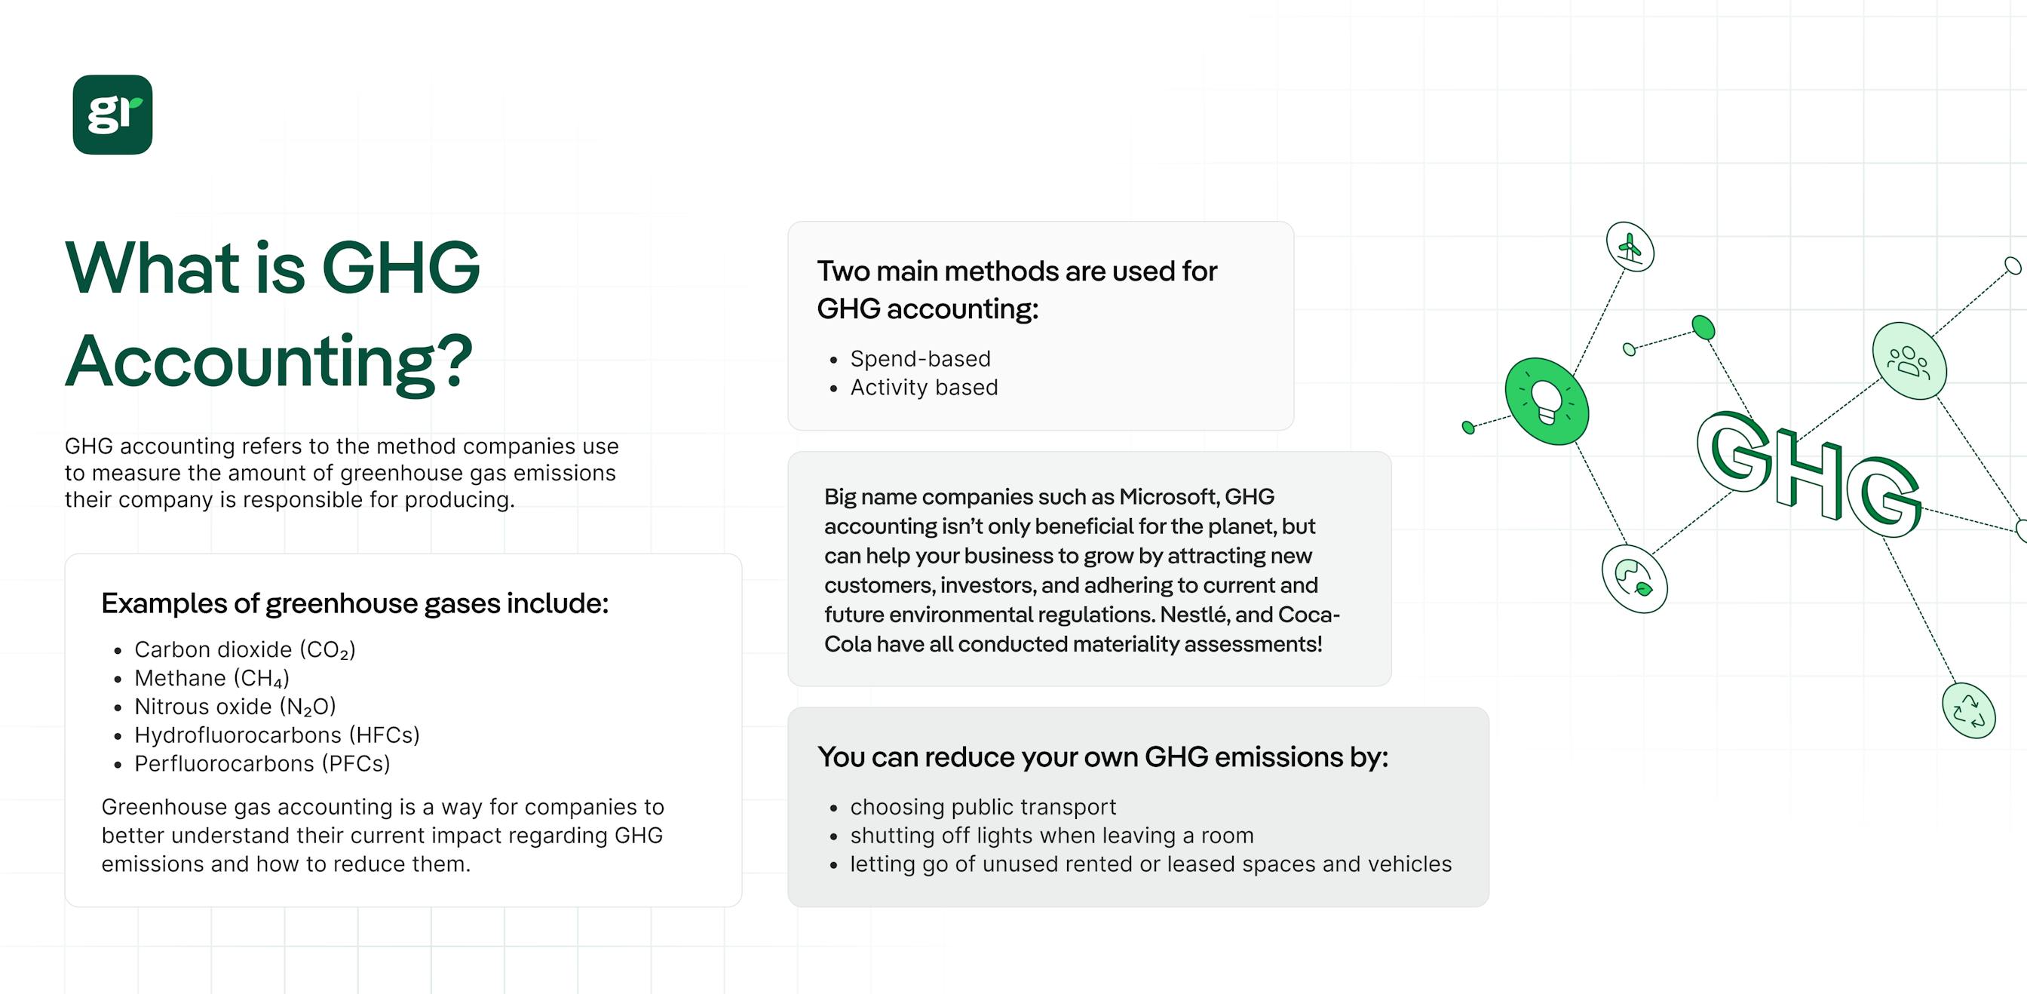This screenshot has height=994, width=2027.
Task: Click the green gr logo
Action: [x=112, y=115]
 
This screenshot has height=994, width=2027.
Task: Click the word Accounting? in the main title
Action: [x=269, y=361]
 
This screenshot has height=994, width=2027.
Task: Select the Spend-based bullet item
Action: [x=920, y=359]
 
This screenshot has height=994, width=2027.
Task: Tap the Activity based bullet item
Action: [x=923, y=387]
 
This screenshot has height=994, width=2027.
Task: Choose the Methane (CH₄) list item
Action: [x=212, y=679]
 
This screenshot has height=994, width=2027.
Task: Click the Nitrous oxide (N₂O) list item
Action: [x=235, y=707]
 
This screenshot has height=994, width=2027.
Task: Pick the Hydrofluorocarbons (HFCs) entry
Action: [x=277, y=735]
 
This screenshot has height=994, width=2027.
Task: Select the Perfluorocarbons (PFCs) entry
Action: [x=262, y=763]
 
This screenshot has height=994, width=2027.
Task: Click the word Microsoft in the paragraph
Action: [x=1169, y=496]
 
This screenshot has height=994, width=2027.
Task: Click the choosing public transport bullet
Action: [x=983, y=807]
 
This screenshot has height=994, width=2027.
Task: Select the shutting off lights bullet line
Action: [x=1051, y=835]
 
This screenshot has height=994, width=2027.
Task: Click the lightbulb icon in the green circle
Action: [x=1546, y=400]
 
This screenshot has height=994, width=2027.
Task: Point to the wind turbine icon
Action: [x=1630, y=247]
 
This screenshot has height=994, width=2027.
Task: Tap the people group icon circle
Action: [x=1909, y=361]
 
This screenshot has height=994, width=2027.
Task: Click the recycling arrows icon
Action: [x=1968, y=710]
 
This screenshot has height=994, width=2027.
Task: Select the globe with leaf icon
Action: [x=1634, y=578]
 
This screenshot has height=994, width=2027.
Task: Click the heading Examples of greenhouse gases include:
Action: [x=355, y=603]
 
